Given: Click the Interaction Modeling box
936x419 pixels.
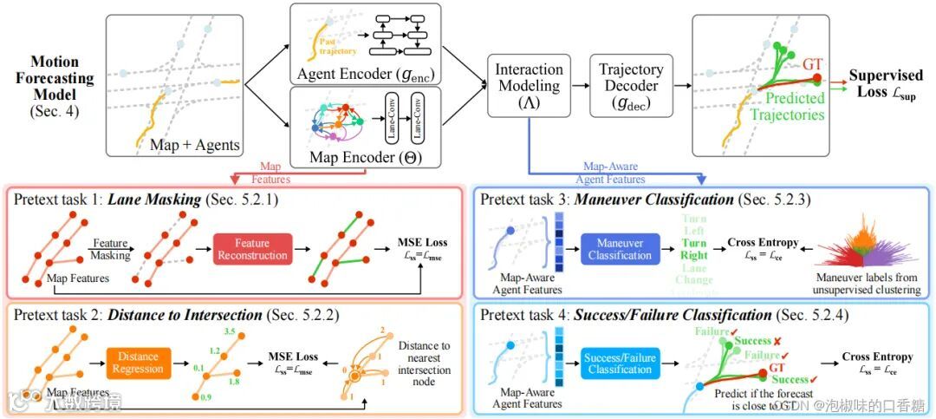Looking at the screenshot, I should [529, 84].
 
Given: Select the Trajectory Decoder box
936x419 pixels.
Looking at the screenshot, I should [632, 84].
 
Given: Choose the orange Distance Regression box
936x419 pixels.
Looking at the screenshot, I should [141, 362].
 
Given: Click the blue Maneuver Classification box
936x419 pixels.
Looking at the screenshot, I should [620, 248].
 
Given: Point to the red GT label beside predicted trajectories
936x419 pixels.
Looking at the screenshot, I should [812, 65].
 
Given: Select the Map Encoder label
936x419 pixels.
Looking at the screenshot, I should [341, 159].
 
